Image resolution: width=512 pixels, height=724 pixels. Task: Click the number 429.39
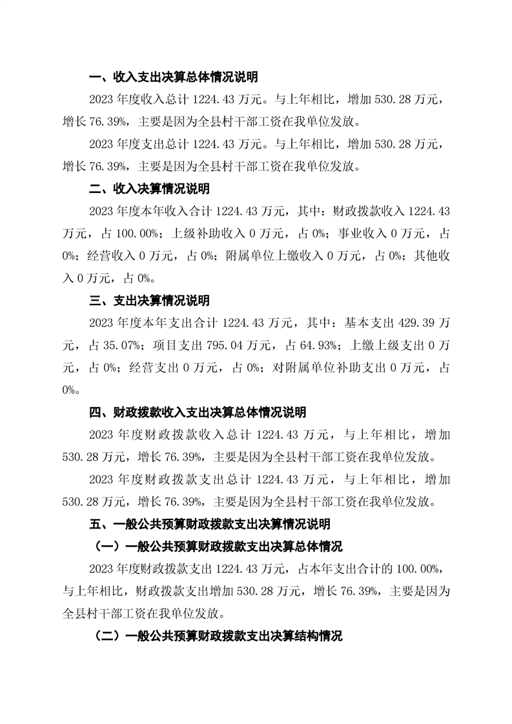coord(405,323)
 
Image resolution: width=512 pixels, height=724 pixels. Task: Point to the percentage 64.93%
coord(316,345)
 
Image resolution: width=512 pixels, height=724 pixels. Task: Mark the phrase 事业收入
coord(352,234)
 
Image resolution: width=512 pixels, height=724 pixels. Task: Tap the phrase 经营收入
coord(104,256)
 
